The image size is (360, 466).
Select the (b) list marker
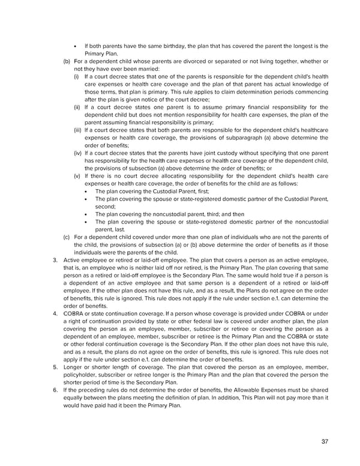tap(67, 61)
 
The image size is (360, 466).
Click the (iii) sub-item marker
tap(77, 130)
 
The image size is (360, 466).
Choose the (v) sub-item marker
tap(77, 176)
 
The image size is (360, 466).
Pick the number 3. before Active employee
tap(55, 259)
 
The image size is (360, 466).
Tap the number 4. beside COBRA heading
tap(55, 313)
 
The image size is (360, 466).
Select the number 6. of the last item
tap(55, 390)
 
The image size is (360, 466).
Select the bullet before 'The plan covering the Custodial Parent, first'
tap(88, 191)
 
